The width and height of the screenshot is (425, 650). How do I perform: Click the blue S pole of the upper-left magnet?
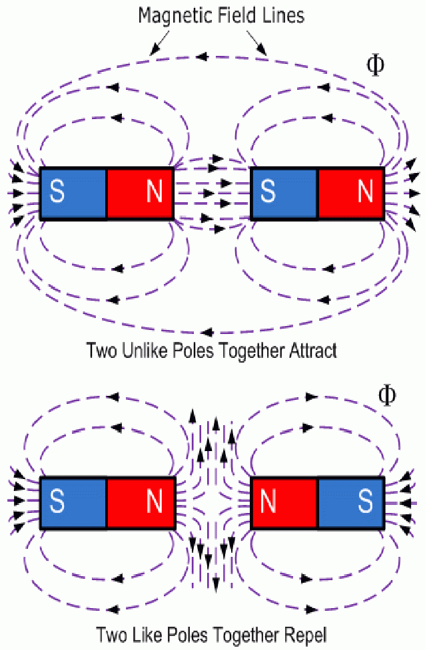(73, 193)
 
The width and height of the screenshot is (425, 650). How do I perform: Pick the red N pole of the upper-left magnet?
(141, 193)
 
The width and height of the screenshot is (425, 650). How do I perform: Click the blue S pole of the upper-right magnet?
(284, 193)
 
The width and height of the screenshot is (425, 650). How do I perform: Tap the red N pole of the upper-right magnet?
(351, 193)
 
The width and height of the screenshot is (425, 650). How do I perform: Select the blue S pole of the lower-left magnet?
(73, 503)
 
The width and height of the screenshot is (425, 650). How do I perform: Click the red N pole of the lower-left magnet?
(141, 503)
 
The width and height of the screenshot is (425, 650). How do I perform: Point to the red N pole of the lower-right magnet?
(284, 503)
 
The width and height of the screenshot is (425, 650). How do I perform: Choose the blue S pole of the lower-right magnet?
(351, 503)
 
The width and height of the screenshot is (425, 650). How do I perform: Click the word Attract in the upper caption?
(312, 351)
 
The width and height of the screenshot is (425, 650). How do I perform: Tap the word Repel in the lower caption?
(307, 633)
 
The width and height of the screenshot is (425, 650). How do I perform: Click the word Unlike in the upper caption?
(145, 351)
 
